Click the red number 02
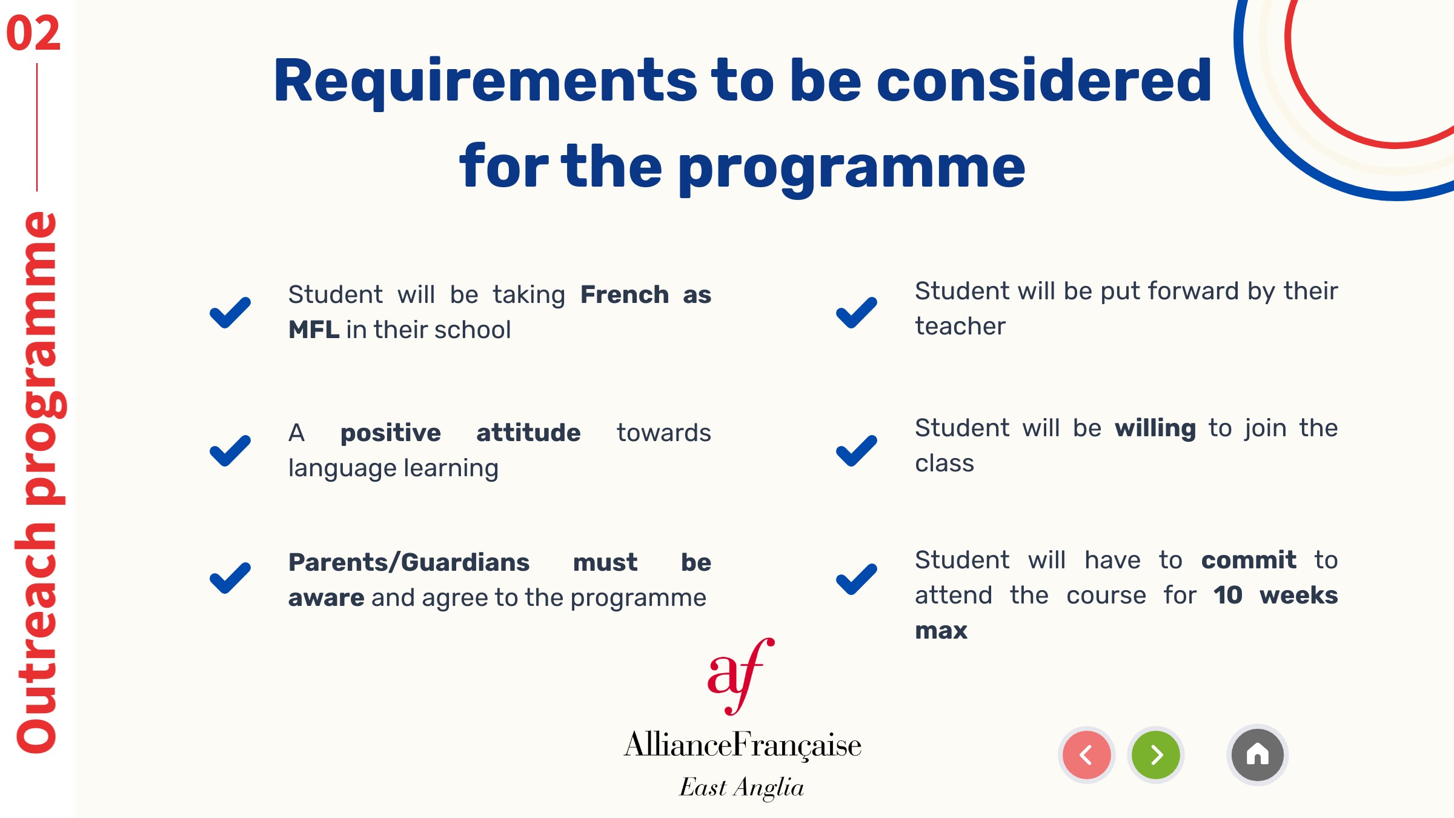pos(33,33)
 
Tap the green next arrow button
pos(1156,755)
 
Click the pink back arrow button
pos(1087,755)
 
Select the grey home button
pos(1258,755)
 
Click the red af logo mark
pos(740,676)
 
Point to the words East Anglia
pos(742,788)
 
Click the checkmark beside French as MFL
pos(230,313)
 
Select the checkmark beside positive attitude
pos(230,451)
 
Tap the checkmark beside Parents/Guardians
pos(230,578)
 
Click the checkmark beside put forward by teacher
pos(857,313)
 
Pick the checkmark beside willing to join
pos(857,451)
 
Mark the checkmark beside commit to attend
pos(857,579)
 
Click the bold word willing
pos(1155,429)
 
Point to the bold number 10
pos(1228,595)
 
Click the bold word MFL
pos(314,330)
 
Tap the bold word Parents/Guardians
pos(409,562)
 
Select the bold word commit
pos(1249,560)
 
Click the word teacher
pos(960,326)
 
